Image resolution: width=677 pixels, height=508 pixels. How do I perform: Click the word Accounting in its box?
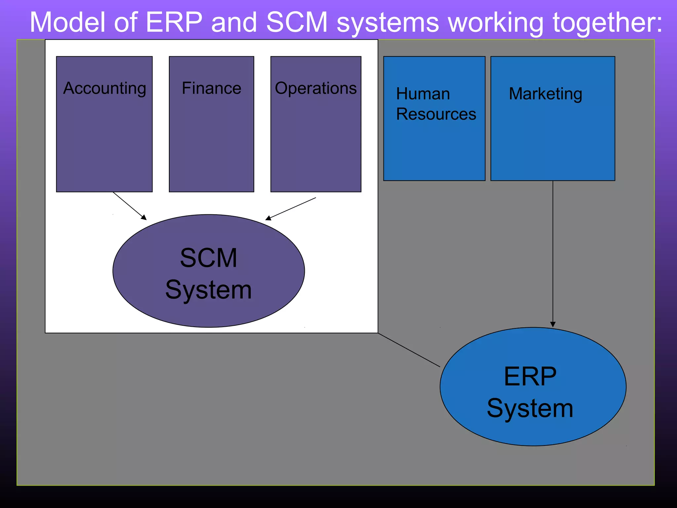point(104,89)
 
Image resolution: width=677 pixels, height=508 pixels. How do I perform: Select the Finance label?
point(212,88)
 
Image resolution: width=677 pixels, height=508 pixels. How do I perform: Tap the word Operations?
point(316,88)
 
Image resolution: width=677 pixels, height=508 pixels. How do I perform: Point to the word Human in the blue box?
point(423,94)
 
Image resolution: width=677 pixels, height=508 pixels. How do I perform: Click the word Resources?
point(436,114)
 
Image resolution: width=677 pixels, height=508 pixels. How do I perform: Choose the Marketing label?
point(545,94)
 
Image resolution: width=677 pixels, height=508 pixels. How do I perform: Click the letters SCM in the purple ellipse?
point(209,258)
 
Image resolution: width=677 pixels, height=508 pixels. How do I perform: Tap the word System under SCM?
point(209,290)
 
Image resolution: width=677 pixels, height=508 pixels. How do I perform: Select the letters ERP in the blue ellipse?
point(530,376)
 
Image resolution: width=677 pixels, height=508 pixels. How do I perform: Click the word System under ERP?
point(530,408)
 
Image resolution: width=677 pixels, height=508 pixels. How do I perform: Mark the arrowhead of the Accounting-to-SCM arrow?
point(144,218)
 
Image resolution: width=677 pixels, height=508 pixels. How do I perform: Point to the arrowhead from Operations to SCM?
point(268,218)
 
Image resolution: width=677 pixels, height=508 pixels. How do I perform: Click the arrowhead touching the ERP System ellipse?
point(553,324)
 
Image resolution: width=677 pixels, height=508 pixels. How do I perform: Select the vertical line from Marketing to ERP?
point(553,251)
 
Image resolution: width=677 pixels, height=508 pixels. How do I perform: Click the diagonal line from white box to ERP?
point(409,350)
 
